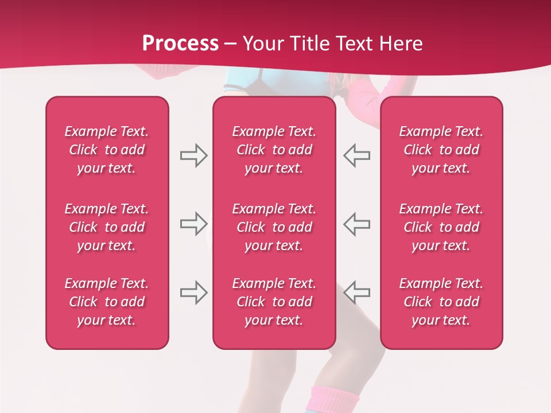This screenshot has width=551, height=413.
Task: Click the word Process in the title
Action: click(x=180, y=44)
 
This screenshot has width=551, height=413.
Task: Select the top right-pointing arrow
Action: click(x=193, y=155)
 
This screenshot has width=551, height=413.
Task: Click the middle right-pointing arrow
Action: click(x=193, y=224)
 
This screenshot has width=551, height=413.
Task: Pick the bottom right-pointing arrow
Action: click(x=193, y=293)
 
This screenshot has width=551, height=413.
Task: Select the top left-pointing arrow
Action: click(x=356, y=155)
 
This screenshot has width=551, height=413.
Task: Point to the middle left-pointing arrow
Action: click(x=356, y=224)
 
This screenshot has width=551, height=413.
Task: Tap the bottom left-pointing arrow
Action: click(x=356, y=293)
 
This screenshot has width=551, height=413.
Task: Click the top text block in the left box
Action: click(x=107, y=150)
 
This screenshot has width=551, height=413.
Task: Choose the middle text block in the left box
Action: click(x=107, y=227)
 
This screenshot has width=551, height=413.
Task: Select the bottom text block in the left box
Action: click(x=107, y=302)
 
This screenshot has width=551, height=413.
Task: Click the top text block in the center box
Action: click(x=274, y=150)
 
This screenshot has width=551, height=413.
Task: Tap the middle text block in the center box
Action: click(x=274, y=227)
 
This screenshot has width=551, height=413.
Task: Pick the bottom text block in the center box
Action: click(x=274, y=302)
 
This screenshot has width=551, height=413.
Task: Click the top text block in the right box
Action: click(x=441, y=150)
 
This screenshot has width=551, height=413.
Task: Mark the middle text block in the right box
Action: click(x=441, y=227)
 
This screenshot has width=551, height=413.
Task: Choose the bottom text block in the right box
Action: click(x=441, y=302)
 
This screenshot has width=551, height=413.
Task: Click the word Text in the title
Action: click(x=351, y=44)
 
